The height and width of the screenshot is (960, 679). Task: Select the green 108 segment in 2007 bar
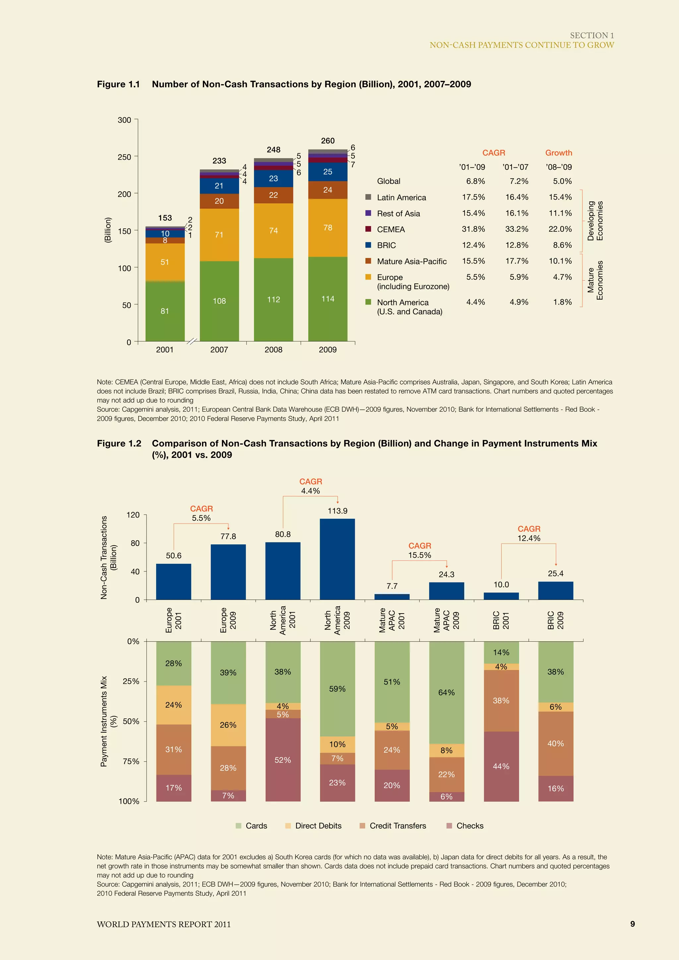click(x=219, y=301)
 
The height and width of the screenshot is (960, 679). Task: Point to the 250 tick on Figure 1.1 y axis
click(x=124, y=157)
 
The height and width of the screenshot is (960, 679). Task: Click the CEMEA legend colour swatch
click(x=368, y=229)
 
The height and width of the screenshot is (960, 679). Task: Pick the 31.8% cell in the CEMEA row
click(x=473, y=229)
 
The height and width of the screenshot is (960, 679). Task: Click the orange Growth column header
click(x=558, y=152)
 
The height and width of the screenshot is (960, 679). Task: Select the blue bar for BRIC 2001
click(x=501, y=596)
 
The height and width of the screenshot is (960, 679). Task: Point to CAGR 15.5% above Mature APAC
click(x=419, y=550)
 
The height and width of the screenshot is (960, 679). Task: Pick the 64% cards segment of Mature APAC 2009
click(x=446, y=692)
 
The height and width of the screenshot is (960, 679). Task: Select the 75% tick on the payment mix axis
click(x=131, y=761)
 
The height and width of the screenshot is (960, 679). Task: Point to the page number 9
click(x=632, y=924)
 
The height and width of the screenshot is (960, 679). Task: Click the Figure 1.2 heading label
click(x=119, y=443)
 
